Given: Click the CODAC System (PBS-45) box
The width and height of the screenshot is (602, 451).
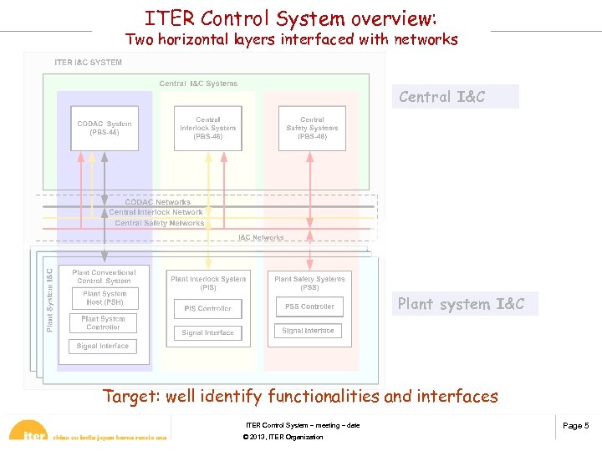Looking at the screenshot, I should [105, 129].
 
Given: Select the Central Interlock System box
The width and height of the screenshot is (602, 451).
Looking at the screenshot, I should [207, 129].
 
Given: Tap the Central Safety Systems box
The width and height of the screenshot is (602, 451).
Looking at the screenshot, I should [312, 129].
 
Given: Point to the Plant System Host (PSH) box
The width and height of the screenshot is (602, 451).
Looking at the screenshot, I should [105, 298].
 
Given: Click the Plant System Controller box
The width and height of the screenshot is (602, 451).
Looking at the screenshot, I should [104, 322].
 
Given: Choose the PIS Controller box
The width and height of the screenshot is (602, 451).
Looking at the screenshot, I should [207, 308].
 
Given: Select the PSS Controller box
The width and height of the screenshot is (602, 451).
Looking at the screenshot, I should [309, 307].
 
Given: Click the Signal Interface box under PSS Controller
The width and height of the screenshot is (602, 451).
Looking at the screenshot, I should [309, 331].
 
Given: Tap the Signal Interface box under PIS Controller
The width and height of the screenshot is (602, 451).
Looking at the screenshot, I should [207, 332].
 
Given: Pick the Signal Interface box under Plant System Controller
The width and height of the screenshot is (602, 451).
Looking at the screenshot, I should [104, 346].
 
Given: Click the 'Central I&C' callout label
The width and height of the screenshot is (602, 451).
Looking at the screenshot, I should [455, 97].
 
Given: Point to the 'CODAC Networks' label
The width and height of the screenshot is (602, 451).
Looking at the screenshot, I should [157, 202].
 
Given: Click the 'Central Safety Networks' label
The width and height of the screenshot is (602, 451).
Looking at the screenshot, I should [160, 223].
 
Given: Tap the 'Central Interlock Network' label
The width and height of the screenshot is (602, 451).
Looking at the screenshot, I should [156, 212].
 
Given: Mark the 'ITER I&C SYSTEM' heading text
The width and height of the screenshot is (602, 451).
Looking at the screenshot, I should [88, 63].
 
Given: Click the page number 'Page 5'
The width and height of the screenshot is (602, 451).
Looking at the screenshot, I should [575, 426].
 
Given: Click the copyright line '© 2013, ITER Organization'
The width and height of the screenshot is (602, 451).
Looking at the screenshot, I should [283, 437].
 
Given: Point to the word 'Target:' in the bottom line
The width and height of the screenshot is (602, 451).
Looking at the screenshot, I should [131, 397].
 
